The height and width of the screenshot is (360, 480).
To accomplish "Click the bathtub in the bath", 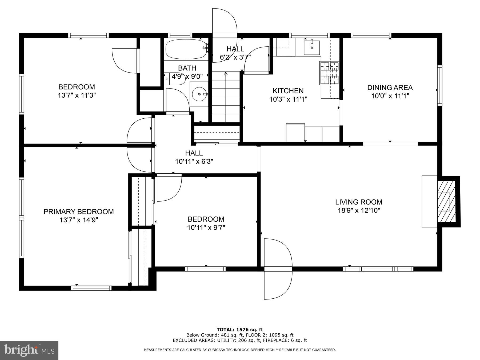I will [x=186, y=49].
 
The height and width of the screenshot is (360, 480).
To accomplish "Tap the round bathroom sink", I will [x=200, y=94].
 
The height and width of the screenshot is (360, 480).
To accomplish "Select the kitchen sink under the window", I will [x=312, y=48].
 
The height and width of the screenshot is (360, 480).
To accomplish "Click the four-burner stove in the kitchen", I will [x=330, y=73].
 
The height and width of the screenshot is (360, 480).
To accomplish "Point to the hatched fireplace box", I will [x=447, y=201].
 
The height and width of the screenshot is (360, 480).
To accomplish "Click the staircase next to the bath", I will [x=226, y=97].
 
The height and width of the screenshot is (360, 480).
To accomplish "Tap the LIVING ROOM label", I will [x=359, y=202].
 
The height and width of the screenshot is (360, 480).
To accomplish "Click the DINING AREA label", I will [x=390, y=87].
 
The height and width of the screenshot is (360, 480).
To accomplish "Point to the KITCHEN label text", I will [x=288, y=91].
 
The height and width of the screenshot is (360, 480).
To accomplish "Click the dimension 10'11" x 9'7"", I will [x=206, y=227].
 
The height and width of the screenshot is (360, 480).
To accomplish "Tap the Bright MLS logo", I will [x=29, y=350].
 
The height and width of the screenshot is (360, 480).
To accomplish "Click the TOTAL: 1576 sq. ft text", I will [x=240, y=330].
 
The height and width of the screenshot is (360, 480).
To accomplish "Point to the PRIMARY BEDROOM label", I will [x=79, y=211].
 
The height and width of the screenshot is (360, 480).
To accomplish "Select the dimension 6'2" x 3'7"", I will [x=235, y=57].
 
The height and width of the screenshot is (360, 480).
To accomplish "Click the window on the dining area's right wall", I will [x=439, y=85].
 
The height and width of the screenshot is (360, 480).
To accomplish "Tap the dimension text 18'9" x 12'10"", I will [x=359, y=210].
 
